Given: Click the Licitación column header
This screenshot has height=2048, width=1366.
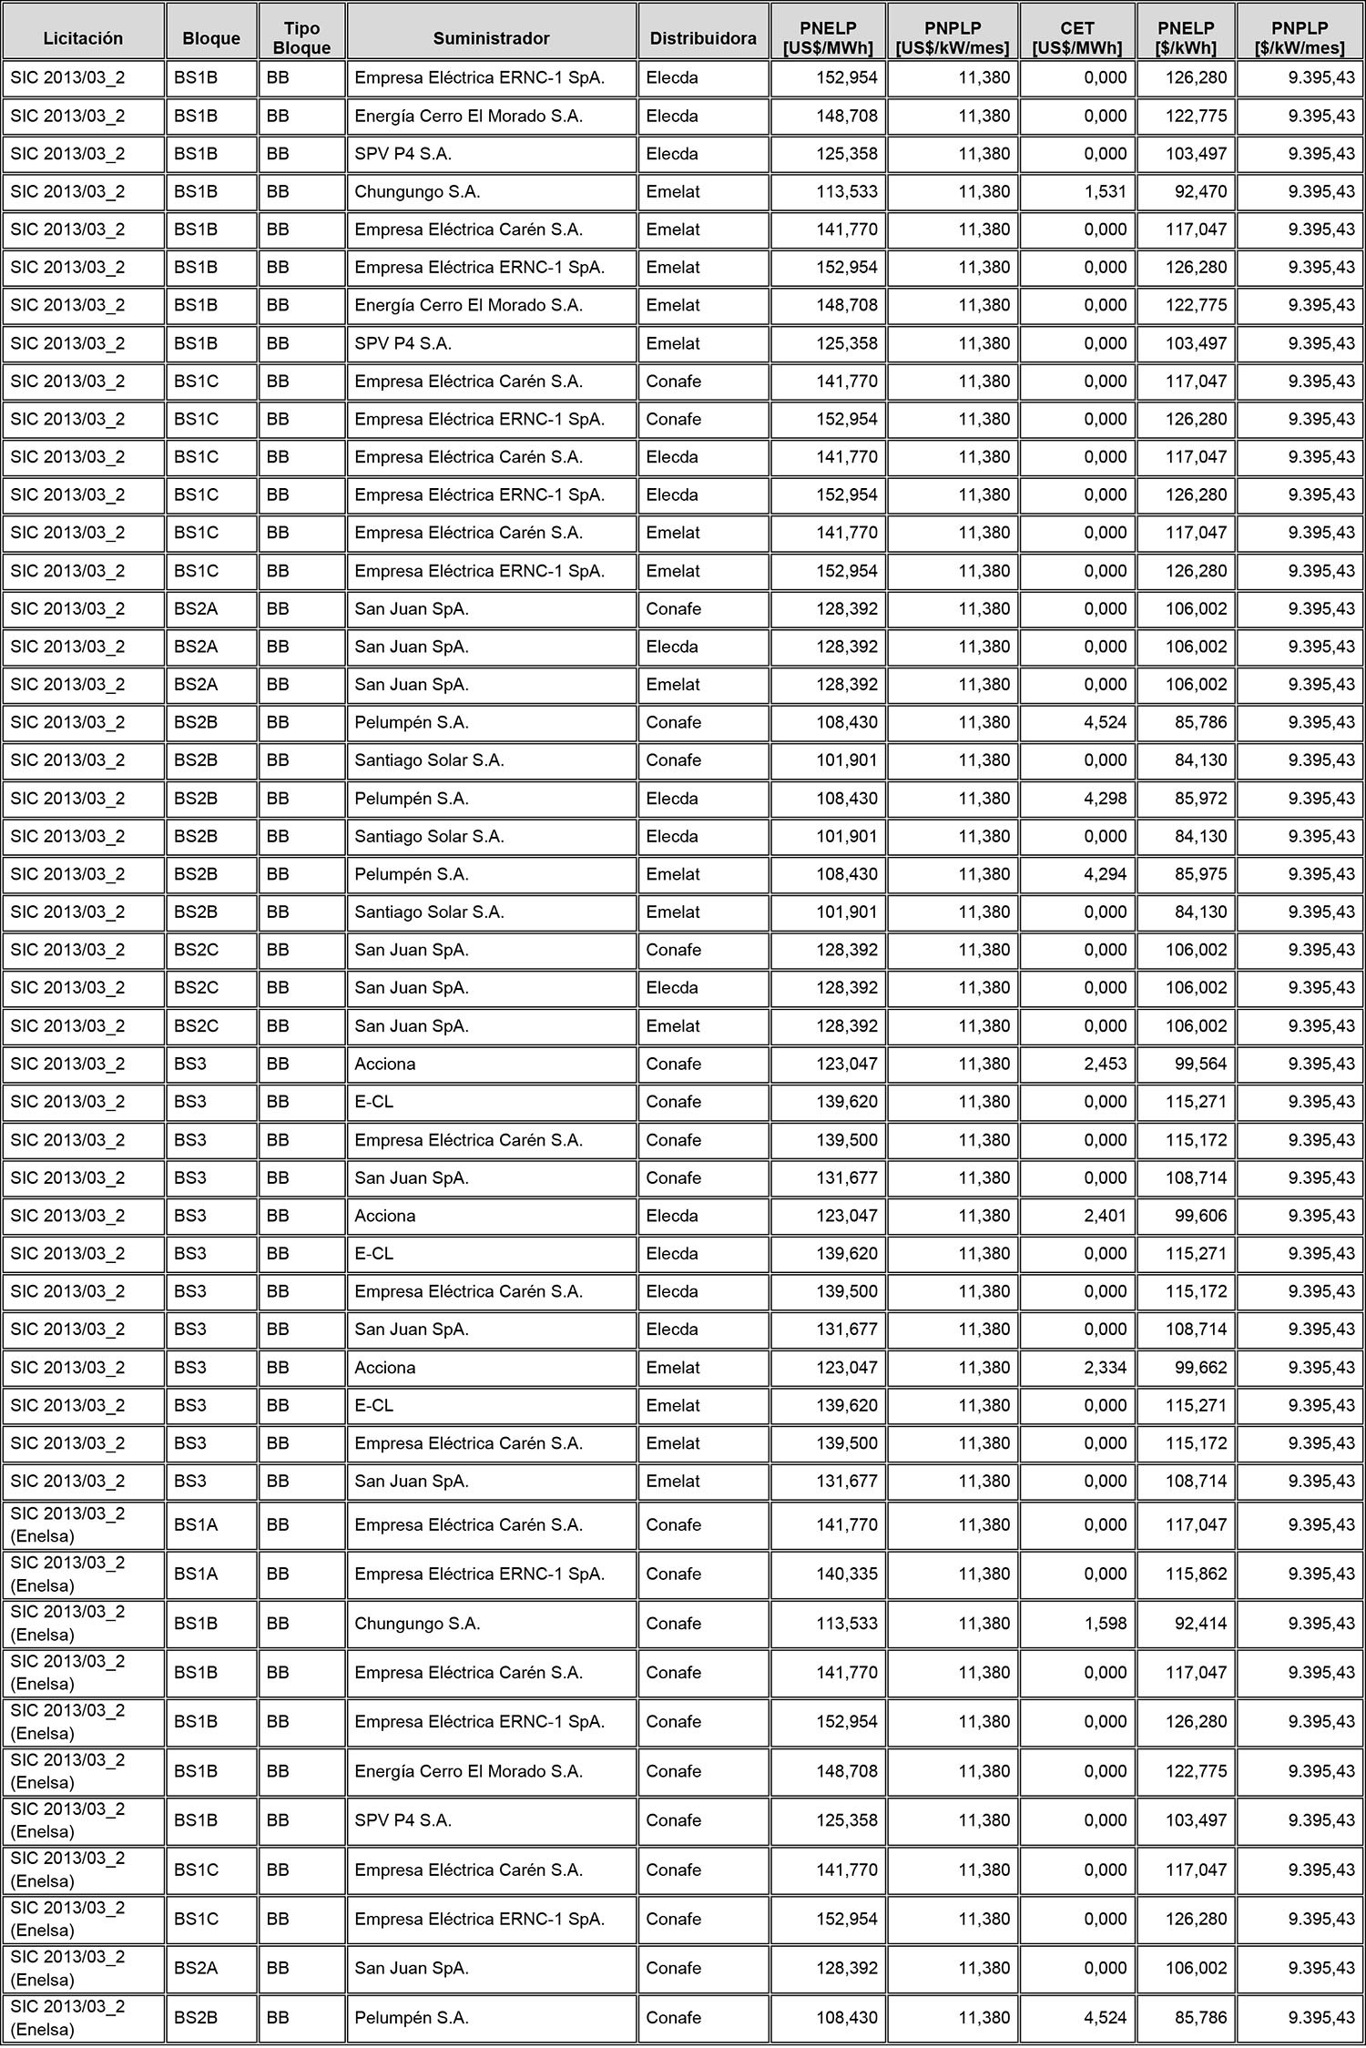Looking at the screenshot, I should coord(83,38).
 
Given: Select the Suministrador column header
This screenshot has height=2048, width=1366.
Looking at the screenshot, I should coord(491,38).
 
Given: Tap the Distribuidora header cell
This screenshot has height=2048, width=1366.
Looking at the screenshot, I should coord(702,38).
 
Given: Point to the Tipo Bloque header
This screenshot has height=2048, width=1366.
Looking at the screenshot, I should coord(301,38).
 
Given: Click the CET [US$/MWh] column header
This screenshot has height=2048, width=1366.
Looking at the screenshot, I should coord(1077,38).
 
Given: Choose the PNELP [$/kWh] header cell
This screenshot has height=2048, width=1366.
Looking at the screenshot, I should coord(1186,38).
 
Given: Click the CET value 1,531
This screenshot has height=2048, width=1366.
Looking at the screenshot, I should coord(1105,192).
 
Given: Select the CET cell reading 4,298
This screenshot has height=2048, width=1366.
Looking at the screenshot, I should coord(1105,799).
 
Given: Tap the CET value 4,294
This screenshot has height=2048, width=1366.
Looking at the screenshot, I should coord(1105,874).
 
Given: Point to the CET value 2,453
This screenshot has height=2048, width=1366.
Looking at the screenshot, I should coord(1105,1064).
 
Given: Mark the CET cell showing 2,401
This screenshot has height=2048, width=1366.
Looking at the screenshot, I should coord(1105,1216).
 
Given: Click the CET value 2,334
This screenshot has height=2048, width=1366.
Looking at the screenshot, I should coord(1105,1368).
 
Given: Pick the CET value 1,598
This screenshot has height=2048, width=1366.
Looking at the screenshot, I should coord(1105,1624).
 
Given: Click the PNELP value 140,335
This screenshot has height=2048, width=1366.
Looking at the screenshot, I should coord(846,1574).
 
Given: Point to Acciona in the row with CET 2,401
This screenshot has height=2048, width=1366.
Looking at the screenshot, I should coord(385,1216).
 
